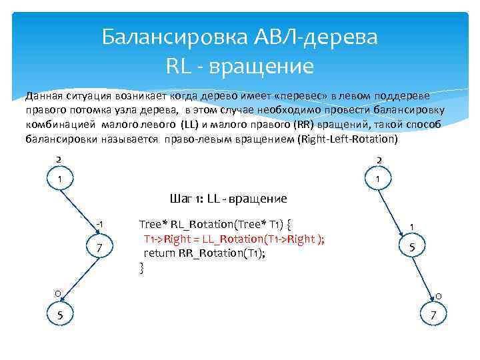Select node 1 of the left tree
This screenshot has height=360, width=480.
[x=59, y=179]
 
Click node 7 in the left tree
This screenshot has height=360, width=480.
[x=99, y=248]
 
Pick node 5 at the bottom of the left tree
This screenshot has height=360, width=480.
[x=59, y=315]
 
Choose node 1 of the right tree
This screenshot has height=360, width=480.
[x=378, y=179]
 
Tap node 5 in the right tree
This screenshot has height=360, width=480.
[x=412, y=247]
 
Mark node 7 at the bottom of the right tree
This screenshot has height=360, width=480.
[x=433, y=315]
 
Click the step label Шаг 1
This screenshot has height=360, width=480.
[x=187, y=199]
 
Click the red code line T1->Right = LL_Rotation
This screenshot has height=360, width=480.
[x=234, y=239]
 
